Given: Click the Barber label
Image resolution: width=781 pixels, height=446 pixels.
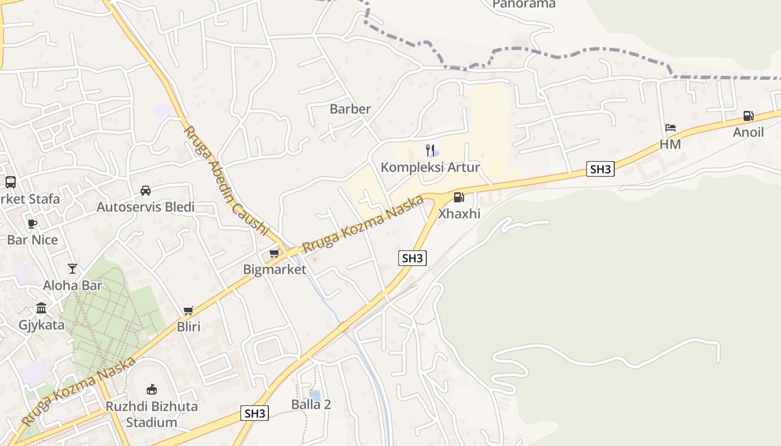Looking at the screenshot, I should pos(350,109).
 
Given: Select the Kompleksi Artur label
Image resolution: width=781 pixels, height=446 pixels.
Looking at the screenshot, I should pos(430,167).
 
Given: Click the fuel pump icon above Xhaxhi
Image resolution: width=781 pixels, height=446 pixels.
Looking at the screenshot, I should pos(459,197).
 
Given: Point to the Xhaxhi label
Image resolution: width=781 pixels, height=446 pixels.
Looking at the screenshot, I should pos(459,214).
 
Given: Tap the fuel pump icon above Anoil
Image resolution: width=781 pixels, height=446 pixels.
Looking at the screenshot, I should pos(748,116).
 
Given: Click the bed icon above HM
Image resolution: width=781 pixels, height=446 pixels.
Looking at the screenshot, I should pos(671,128).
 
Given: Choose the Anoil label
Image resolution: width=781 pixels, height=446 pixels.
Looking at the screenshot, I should pos(748,133).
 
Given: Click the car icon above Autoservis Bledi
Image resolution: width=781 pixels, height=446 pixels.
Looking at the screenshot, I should pos(146,190).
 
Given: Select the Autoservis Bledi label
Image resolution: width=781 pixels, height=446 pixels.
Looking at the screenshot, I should pos(146,207).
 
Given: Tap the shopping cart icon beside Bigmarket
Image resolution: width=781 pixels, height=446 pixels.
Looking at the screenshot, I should pos(274,254).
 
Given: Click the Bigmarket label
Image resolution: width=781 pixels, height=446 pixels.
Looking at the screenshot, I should pos(274,270).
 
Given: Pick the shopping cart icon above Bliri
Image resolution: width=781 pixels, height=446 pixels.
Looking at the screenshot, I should pos(189,311).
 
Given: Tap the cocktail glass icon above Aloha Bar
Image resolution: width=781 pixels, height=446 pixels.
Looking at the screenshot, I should pos(73,269).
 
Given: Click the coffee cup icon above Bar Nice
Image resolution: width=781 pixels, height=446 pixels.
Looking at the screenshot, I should pos(32,224).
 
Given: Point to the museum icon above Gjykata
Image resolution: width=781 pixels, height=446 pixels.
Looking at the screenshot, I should pos(41,308).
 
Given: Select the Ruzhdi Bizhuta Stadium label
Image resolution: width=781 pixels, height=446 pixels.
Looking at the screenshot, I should pos(152,414).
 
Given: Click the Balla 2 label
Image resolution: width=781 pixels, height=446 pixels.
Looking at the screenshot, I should pos(311,405).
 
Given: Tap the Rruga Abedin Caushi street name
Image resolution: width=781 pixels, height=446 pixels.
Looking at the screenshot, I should pos(226,181).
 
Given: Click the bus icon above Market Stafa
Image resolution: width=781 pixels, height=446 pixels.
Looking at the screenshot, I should pos(11,182).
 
